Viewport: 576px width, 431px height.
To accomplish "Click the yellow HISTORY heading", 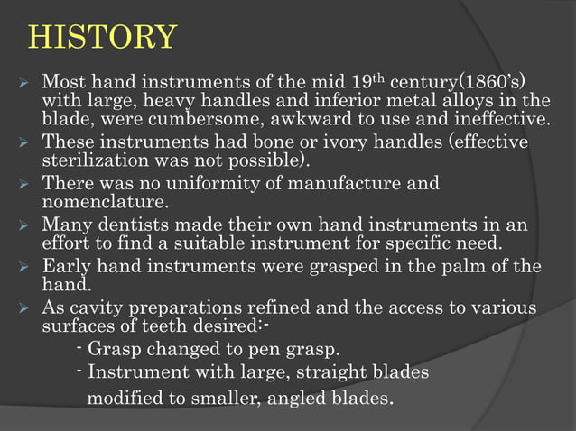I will (102, 38).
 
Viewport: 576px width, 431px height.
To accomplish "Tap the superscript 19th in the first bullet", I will (396, 74).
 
